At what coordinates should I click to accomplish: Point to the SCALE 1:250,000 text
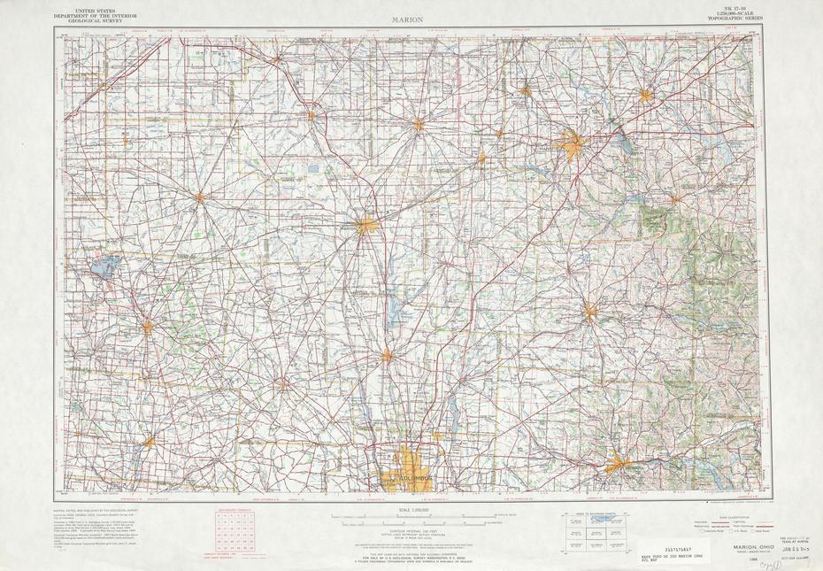(x=413, y=510)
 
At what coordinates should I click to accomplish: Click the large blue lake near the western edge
(x=104, y=266)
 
